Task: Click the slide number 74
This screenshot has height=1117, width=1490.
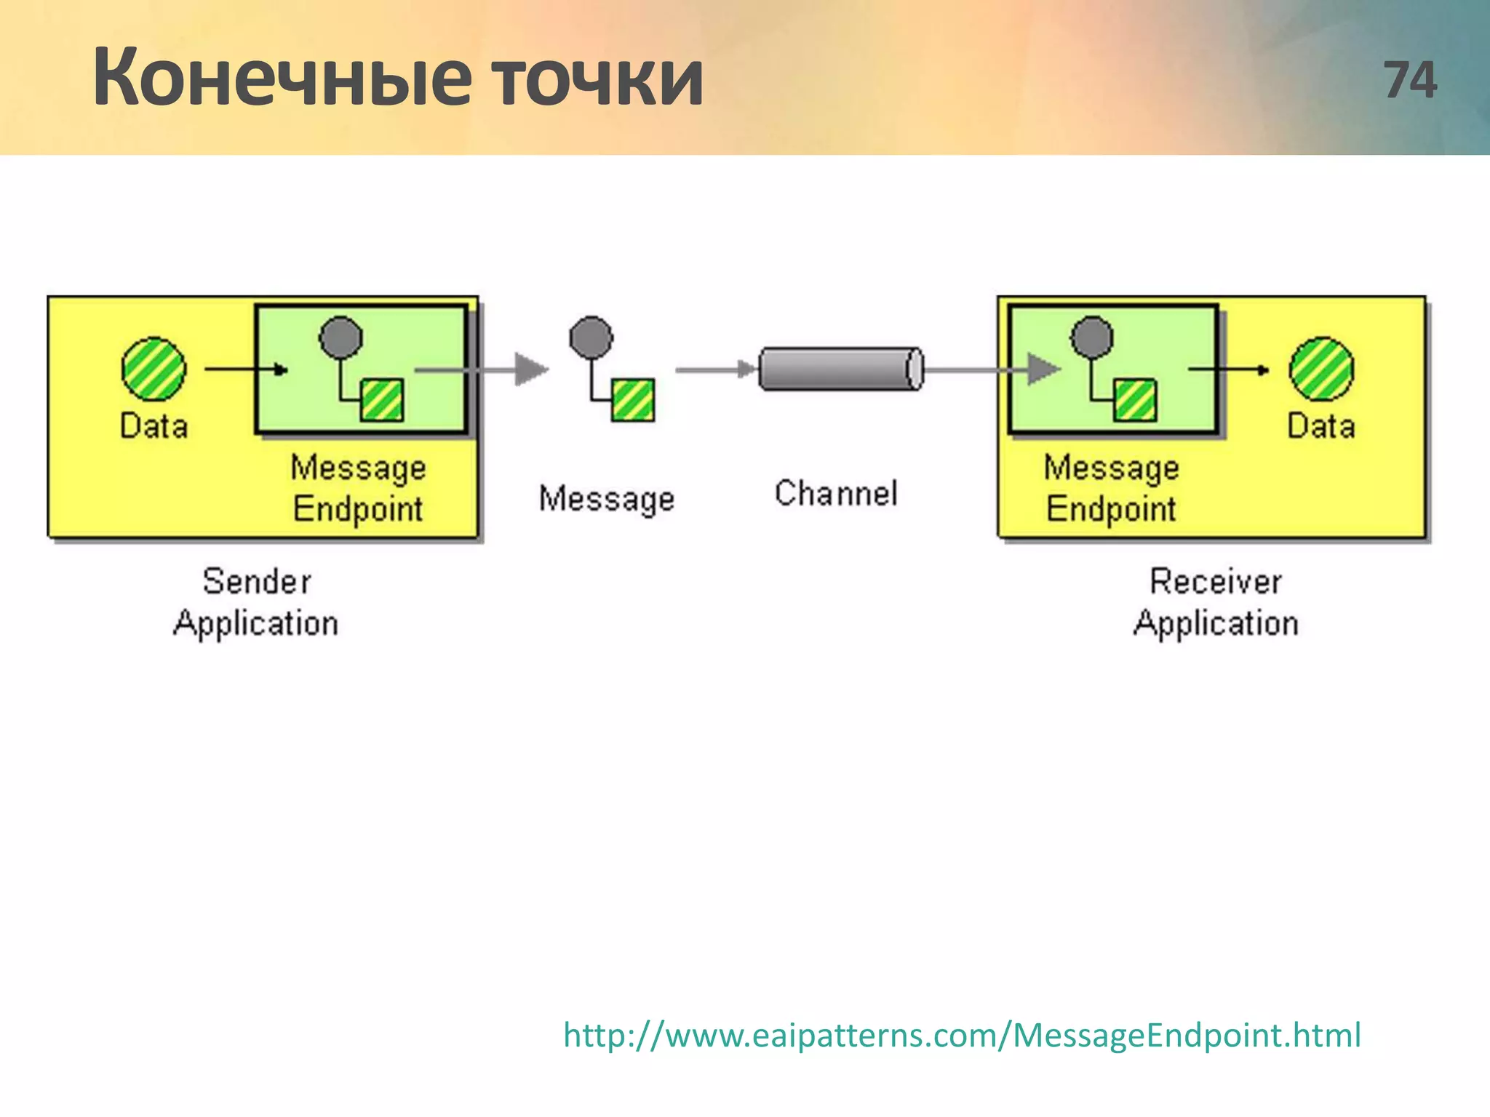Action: pyautogui.click(x=1410, y=80)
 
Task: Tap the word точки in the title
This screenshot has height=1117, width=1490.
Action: pyautogui.click(x=597, y=79)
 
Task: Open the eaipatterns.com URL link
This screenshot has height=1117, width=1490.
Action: pyautogui.click(x=962, y=1035)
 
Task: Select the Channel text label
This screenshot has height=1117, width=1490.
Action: pyautogui.click(x=836, y=494)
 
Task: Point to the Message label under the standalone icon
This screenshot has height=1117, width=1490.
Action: pyautogui.click(x=607, y=500)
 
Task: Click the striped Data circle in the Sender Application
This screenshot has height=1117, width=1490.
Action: pyautogui.click(x=154, y=369)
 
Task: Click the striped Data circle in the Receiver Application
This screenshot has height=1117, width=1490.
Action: pyautogui.click(x=1321, y=369)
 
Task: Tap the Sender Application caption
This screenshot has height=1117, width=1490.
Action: pyautogui.click(x=256, y=603)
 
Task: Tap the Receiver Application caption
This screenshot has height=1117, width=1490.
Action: pyautogui.click(x=1216, y=603)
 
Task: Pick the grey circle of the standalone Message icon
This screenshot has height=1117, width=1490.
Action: pyautogui.click(x=591, y=337)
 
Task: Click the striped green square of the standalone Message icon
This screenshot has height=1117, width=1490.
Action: pyautogui.click(x=633, y=400)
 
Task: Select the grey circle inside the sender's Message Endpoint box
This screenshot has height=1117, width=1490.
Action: pyautogui.click(x=340, y=337)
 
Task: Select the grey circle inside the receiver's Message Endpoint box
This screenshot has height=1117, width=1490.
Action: pyautogui.click(x=1092, y=337)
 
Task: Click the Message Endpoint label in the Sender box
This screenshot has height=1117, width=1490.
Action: pyautogui.click(x=358, y=488)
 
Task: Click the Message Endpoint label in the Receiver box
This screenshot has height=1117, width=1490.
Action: pyautogui.click(x=1111, y=488)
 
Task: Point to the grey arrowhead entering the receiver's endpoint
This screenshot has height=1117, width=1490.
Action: pyautogui.click(x=1043, y=369)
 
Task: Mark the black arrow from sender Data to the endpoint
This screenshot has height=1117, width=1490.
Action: pyautogui.click(x=246, y=369)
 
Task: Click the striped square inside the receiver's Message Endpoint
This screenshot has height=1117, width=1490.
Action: pyautogui.click(x=1135, y=400)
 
